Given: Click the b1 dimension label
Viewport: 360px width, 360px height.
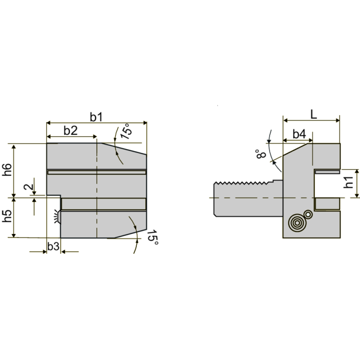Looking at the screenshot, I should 96,117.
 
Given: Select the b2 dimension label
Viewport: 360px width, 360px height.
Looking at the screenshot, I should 70,130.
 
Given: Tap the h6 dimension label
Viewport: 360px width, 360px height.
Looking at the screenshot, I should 7,170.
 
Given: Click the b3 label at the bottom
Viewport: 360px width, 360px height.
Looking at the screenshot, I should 53,246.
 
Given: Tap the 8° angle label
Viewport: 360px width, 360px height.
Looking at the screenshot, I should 261,153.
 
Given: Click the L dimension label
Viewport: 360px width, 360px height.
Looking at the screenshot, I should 314,114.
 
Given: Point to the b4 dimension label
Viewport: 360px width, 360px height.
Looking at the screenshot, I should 299,134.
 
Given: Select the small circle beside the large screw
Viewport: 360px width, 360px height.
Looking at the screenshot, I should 308,214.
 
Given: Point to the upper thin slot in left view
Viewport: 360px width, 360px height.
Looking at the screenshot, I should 97,172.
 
